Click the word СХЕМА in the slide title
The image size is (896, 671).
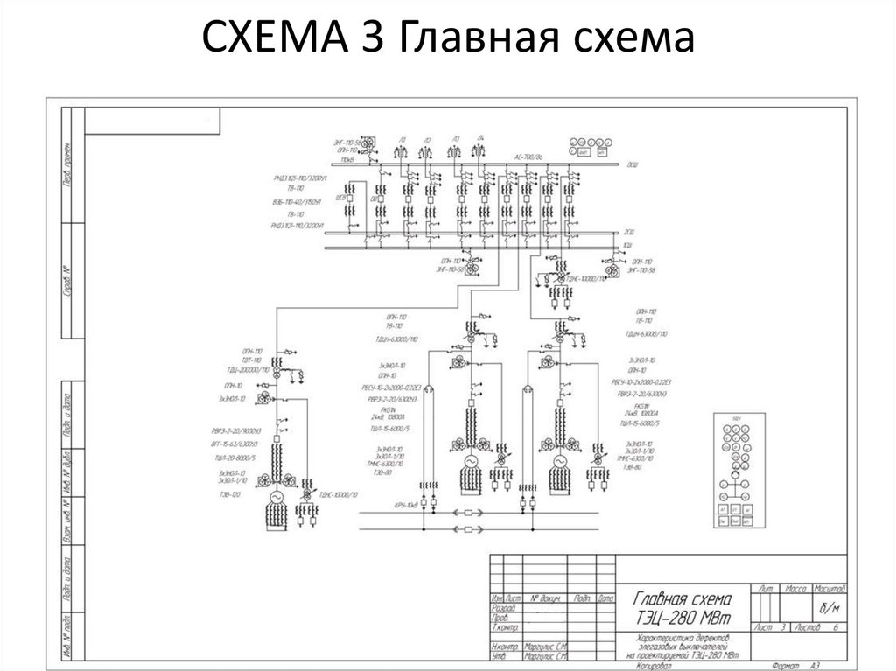275,39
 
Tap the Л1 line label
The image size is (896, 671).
402,139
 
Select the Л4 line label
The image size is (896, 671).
480,138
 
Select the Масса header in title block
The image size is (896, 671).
796,588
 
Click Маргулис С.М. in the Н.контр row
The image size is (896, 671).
545,647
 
